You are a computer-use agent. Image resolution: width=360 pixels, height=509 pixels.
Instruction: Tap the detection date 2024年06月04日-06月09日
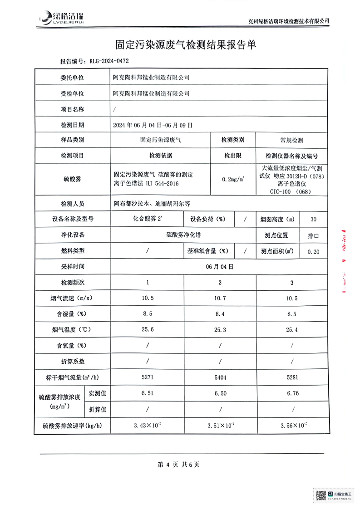[153, 125]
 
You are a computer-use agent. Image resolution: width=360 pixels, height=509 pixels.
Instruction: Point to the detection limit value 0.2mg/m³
[233, 179]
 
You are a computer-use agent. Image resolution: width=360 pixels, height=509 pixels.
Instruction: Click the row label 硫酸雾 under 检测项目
[72, 179]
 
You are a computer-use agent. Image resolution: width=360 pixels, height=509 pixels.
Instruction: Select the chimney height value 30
[313, 219]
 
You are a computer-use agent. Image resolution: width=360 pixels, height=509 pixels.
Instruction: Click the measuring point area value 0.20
[313, 251]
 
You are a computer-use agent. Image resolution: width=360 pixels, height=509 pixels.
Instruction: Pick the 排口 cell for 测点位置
[313, 235]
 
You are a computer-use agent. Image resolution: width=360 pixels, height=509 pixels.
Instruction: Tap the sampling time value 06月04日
[220, 267]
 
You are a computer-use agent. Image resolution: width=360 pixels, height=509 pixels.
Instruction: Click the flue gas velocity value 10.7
[220, 298]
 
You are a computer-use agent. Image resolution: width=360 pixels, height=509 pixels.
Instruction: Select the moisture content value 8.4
[220, 313]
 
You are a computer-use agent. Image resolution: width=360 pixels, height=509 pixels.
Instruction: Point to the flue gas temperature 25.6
[148, 330]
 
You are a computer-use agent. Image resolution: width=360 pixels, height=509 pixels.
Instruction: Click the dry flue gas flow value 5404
[220, 377]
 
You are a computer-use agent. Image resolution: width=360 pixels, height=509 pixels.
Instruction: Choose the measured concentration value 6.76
[293, 393]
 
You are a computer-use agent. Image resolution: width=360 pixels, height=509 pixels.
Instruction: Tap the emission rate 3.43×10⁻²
[148, 426]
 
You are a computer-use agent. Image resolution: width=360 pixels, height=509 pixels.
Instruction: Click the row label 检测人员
[72, 204]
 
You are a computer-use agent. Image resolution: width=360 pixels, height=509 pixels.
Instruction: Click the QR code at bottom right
[321, 494]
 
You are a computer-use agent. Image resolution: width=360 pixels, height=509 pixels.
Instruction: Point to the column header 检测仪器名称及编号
[292, 155]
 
